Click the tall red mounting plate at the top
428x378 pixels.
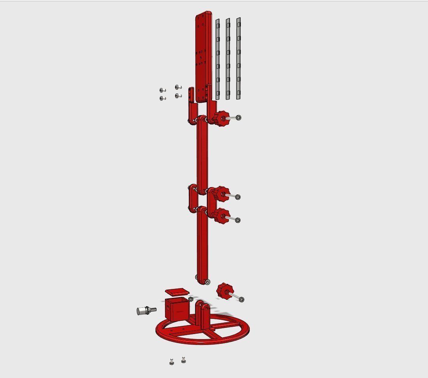[x=203, y=54]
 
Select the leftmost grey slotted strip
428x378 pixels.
[x=218, y=58]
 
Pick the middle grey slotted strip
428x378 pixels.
[x=228, y=58]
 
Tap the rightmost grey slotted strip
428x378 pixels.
[x=239, y=58]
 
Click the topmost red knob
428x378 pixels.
[x=221, y=117]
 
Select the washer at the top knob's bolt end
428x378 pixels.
[x=238, y=117]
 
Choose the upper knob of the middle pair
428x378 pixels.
[x=222, y=193]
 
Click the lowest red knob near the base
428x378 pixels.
[x=224, y=290]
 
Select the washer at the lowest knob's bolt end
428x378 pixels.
[x=242, y=299]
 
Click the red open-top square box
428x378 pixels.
[x=175, y=309]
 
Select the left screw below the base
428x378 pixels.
[x=172, y=362]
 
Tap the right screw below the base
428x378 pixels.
[x=183, y=360]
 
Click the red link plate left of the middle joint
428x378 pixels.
[x=192, y=199]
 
